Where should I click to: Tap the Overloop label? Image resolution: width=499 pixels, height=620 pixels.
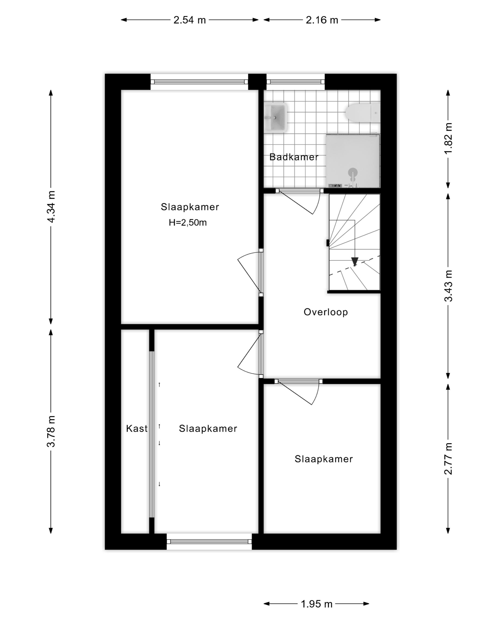click(x=326, y=312)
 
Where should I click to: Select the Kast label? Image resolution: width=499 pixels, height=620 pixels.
click(x=137, y=428)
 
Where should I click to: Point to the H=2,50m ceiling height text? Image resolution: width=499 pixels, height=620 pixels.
click(x=188, y=223)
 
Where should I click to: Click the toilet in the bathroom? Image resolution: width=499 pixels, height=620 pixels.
click(x=363, y=113)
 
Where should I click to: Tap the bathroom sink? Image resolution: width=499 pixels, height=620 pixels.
click(x=276, y=117)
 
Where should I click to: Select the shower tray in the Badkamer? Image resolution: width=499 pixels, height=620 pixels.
click(x=353, y=161)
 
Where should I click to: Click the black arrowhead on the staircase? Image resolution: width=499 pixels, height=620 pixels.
click(x=355, y=261)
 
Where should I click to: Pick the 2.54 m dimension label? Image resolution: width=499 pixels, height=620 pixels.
click(x=189, y=20)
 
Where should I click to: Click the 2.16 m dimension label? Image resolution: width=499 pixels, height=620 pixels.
click(x=322, y=20)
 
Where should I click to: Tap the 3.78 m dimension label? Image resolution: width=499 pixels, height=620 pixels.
click(x=51, y=431)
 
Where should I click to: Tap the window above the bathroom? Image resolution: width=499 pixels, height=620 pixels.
click(x=296, y=82)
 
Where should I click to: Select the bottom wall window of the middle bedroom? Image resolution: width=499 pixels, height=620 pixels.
click(x=209, y=542)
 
